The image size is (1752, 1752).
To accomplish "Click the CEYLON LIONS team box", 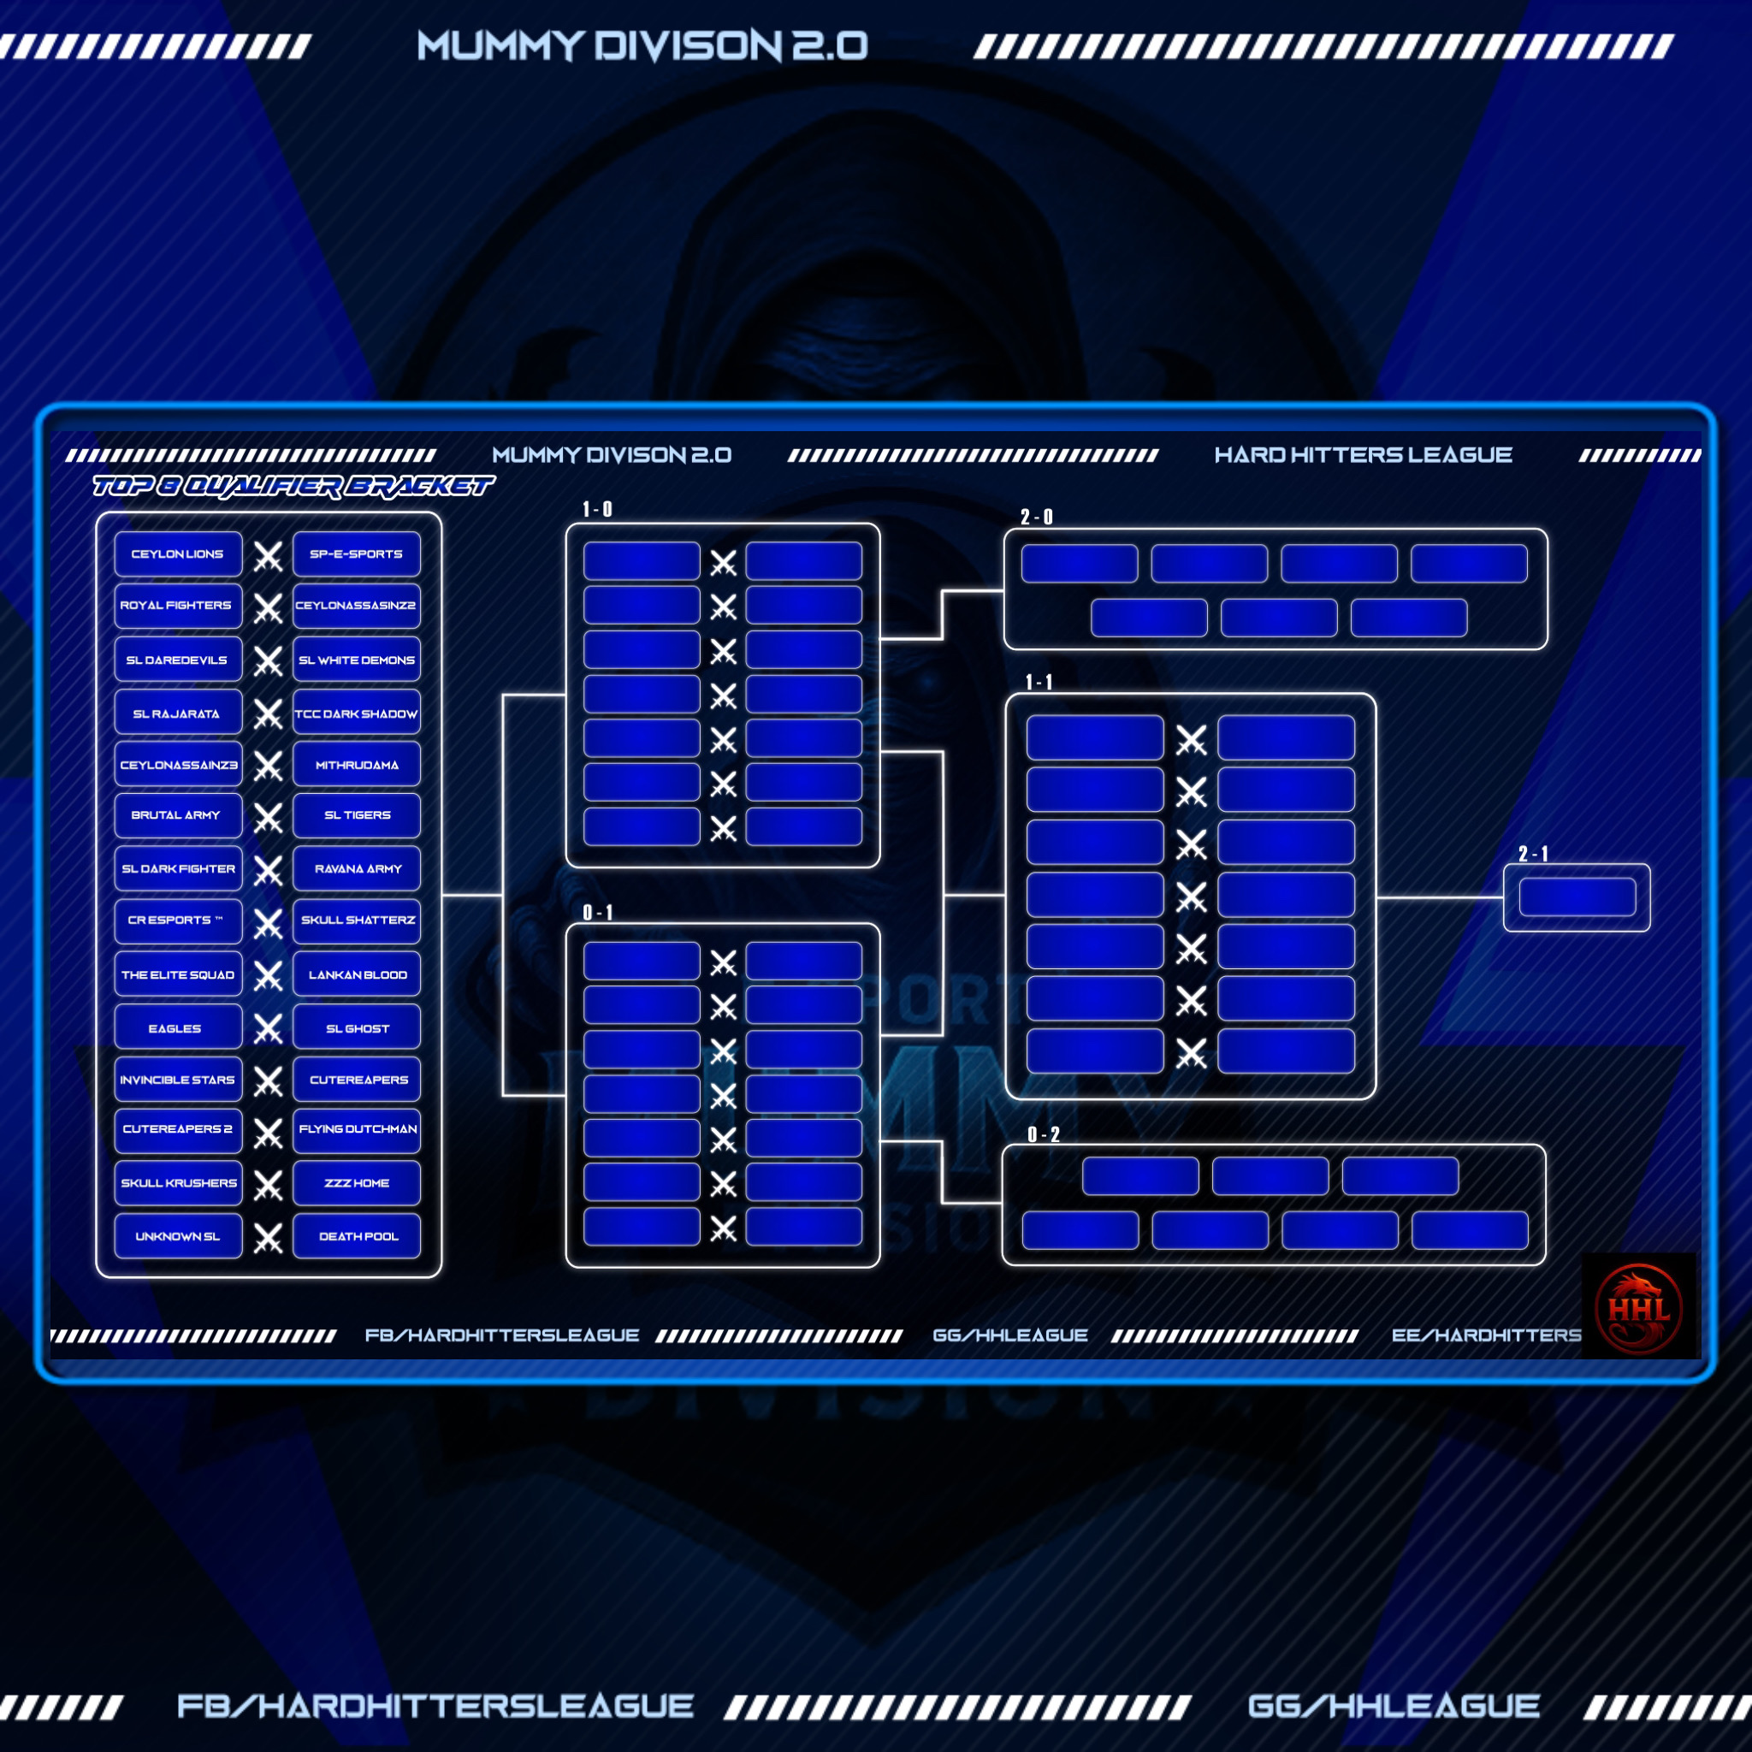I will (x=178, y=554).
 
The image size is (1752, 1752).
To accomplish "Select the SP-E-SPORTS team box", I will (x=357, y=554).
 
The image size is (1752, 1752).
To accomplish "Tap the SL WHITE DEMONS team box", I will (x=357, y=660).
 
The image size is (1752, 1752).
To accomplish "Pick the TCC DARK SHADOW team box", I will (x=357, y=713).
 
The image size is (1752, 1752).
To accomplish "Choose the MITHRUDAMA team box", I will (x=357, y=766).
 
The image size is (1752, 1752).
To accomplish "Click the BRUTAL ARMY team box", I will (x=178, y=815).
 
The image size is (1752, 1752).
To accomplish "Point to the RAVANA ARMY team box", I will (x=357, y=869).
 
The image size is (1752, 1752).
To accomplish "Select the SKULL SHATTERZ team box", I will (x=357, y=920).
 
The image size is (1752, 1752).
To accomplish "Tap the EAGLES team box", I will (x=178, y=1028).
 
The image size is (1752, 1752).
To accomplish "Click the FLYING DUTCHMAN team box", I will (x=357, y=1129).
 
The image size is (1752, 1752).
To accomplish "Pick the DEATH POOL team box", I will (x=357, y=1236).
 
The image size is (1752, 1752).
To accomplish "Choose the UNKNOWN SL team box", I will (x=178, y=1236).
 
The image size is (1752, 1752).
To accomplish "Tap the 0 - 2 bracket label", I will (x=1043, y=1134).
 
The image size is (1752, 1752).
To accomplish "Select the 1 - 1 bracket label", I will (x=1039, y=682).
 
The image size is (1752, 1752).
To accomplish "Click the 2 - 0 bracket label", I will (x=1037, y=517).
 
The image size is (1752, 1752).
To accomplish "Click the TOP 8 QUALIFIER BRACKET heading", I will (x=293, y=487).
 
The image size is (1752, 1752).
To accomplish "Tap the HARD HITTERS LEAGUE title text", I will (x=1363, y=455).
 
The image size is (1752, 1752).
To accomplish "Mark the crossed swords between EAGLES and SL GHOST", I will (x=268, y=1028).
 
